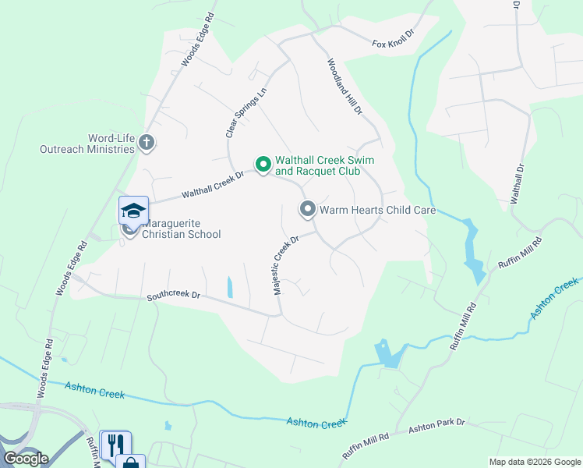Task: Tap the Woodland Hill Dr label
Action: [x=344, y=87]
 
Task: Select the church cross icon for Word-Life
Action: [x=147, y=143]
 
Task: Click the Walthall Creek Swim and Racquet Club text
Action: [x=324, y=165]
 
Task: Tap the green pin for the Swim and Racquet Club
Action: [x=263, y=164]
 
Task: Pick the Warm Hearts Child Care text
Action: [x=376, y=210]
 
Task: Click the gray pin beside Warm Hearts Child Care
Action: [x=307, y=209]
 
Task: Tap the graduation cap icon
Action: [x=133, y=210]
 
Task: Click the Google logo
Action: [x=25, y=459]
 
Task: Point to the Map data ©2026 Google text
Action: [x=534, y=462]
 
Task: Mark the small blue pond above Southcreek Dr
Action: [x=229, y=287]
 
